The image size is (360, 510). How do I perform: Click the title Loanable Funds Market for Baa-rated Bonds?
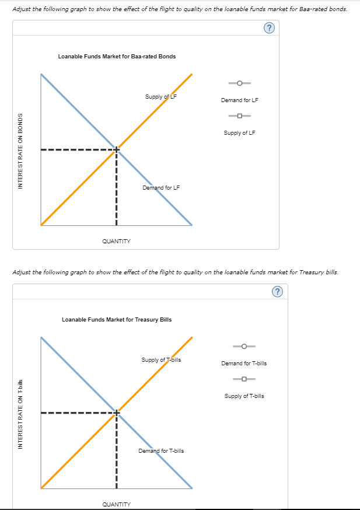tap(117, 57)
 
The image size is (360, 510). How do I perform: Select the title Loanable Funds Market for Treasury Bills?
tap(117, 320)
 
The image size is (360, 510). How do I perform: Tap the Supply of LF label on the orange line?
tap(161, 96)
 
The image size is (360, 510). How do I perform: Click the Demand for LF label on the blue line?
tap(161, 188)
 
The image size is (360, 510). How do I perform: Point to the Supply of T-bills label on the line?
tap(161, 359)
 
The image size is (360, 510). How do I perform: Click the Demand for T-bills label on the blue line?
tap(161, 451)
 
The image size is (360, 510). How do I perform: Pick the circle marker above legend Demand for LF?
tap(240, 83)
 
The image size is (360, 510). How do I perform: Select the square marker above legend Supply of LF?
tap(240, 116)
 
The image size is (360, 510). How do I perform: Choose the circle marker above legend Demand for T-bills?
tap(244, 346)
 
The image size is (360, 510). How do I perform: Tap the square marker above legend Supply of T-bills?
tap(244, 379)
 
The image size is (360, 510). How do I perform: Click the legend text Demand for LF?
tap(240, 100)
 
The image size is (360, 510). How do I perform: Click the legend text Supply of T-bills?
tap(244, 396)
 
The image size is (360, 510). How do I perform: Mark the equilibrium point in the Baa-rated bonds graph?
tap(116, 150)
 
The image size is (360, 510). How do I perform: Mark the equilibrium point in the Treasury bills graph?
tap(116, 413)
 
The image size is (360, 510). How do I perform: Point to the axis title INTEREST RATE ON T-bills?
tap(20, 414)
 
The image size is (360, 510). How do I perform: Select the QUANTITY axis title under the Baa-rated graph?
tap(116, 241)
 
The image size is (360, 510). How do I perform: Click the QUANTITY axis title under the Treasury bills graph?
tap(116, 504)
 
